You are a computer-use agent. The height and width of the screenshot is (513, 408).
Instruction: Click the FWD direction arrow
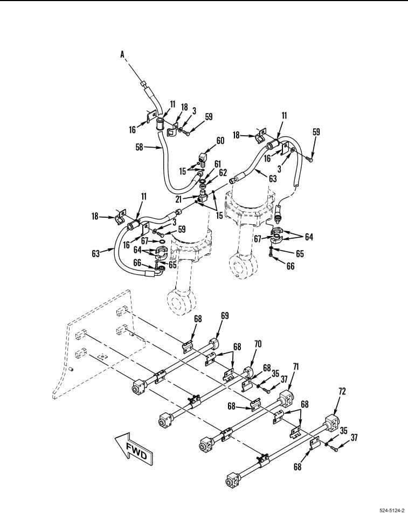pyautogui.click(x=134, y=449)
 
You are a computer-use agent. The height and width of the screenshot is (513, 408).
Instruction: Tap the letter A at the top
pyautogui.click(x=122, y=54)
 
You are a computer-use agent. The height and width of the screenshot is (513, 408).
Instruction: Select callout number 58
pyautogui.click(x=140, y=147)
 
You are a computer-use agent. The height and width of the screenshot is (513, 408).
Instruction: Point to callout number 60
pyautogui.click(x=220, y=140)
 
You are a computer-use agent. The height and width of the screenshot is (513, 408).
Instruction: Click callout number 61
pyautogui.click(x=218, y=164)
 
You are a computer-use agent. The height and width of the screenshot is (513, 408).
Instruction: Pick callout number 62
pyautogui.click(x=223, y=172)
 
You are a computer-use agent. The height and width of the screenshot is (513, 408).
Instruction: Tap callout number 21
pyautogui.click(x=178, y=199)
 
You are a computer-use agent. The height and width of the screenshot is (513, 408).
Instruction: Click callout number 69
pyautogui.click(x=225, y=316)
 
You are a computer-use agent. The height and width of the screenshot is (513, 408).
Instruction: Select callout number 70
pyautogui.click(x=258, y=344)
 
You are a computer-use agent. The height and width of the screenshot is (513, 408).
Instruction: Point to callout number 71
pyautogui.click(x=296, y=367)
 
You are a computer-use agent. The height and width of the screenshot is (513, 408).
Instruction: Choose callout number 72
pyautogui.click(x=342, y=391)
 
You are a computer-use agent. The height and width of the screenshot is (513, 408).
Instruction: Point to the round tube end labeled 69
pyautogui.click(x=213, y=344)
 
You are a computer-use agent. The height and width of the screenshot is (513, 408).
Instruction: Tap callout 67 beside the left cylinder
pyautogui.click(x=146, y=241)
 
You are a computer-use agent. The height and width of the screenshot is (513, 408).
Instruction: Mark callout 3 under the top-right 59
pyautogui.click(x=279, y=169)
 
